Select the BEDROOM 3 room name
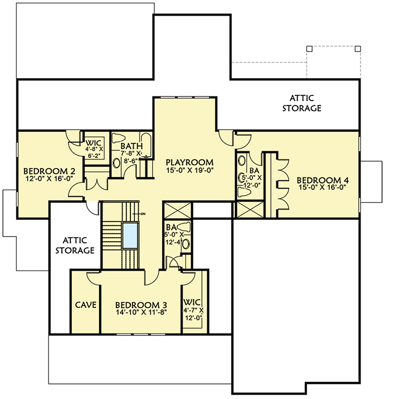coord(141,305)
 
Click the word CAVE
coord(86,305)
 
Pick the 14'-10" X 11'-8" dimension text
coord(141,314)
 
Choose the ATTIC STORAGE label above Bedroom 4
coord(302,103)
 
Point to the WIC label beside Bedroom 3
coord(194,302)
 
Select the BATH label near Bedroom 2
coord(132,146)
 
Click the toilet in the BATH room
coord(118,140)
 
